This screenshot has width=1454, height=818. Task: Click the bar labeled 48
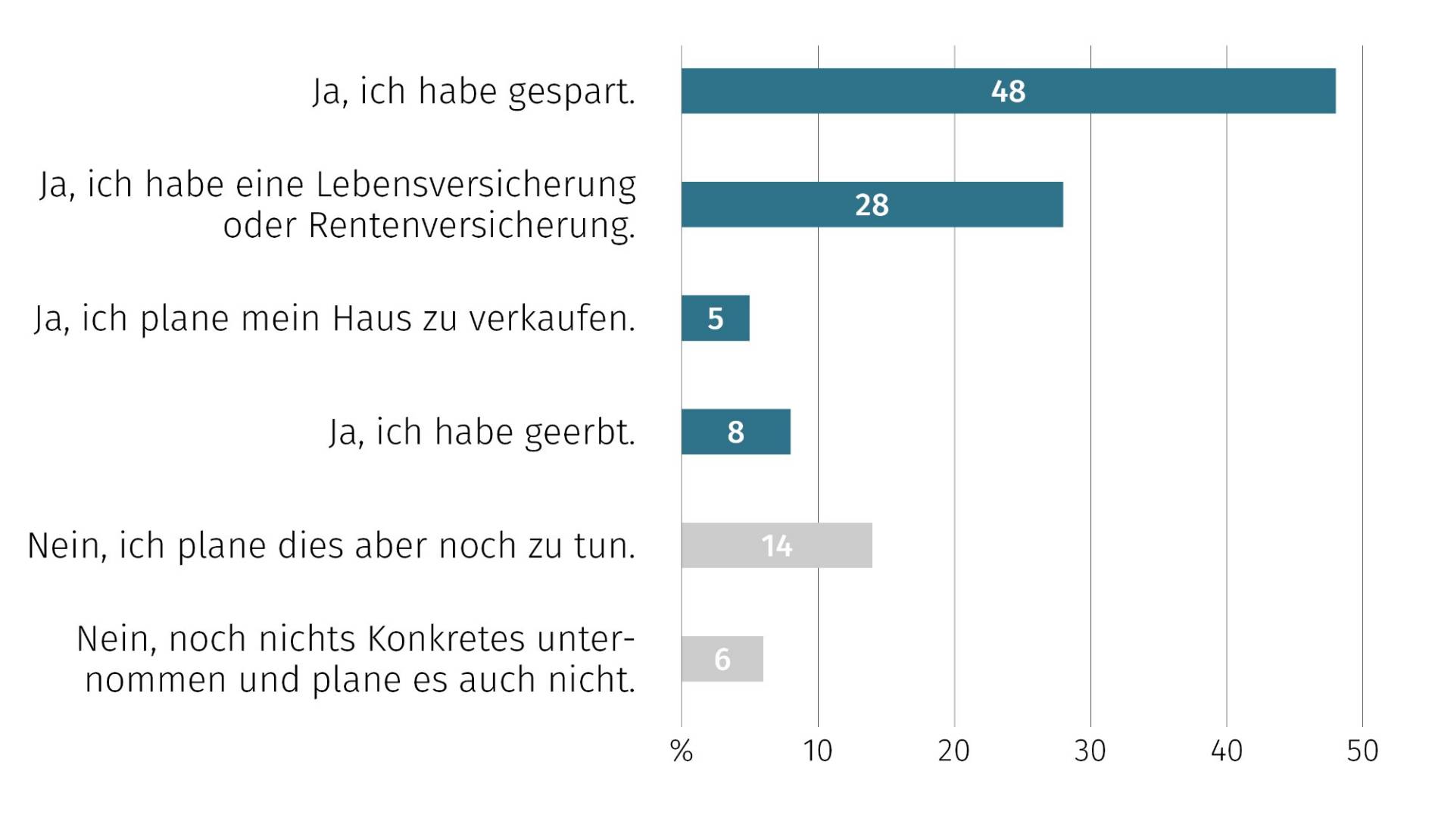point(1007,91)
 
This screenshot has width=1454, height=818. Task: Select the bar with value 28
point(871,204)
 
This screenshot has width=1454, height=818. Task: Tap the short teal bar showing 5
point(715,318)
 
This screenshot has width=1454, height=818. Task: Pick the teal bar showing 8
point(735,432)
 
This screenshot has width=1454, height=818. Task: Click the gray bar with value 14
point(776,545)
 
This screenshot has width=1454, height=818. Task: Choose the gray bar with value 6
point(722,659)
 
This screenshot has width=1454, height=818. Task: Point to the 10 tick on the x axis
point(817,751)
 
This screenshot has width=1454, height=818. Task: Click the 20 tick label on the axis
point(953,751)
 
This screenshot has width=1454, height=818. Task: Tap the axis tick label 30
point(1090,751)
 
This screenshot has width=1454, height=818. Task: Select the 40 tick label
point(1226,751)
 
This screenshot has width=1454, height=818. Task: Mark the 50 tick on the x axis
point(1362,751)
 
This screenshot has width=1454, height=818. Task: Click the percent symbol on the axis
point(682,751)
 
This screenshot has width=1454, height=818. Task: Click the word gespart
point(571,92)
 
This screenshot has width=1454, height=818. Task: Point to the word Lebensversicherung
point(476,185)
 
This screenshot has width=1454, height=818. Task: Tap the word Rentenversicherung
point(471,226)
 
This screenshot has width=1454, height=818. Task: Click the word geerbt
point(579,432)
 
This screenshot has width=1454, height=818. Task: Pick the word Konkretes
point(446,639)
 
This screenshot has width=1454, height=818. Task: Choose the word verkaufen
point(552,319)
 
